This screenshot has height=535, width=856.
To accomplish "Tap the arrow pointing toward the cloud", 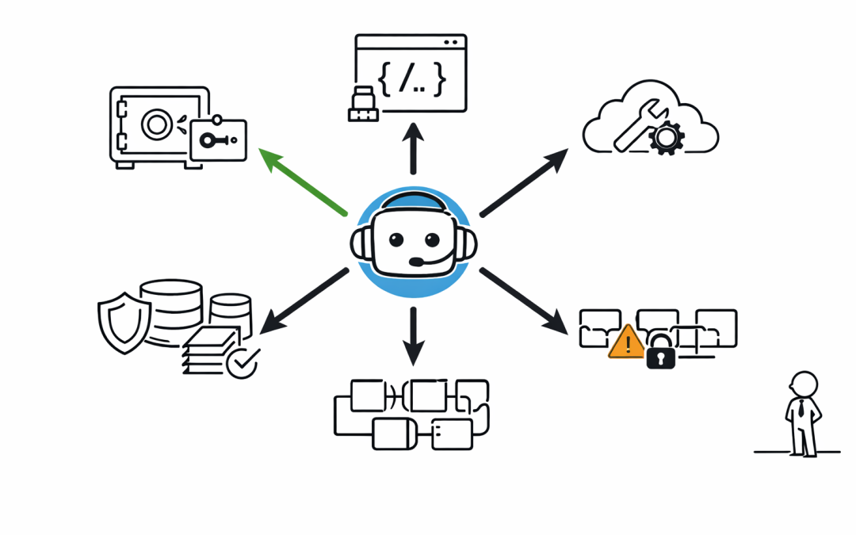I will pyautogui.click(x=524, y=182).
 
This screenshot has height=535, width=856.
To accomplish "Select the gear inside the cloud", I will pyautogui.click(x=666, y=138).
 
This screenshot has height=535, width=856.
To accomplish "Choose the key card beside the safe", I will pyautogui.click(x=218, y=141).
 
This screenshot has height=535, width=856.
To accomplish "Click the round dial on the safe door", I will pyautogui.click(x=156, y=124).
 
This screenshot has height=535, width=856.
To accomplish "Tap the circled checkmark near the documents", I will pyautogui.click(x=242, y=361).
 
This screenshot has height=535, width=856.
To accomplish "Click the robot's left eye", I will pyautogui.click(x=393, y=239).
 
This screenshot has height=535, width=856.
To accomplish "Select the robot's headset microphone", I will pyautogui.click(x=417, y=262).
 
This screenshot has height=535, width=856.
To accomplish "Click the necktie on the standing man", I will pyautogui.click(x=803, y=408).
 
